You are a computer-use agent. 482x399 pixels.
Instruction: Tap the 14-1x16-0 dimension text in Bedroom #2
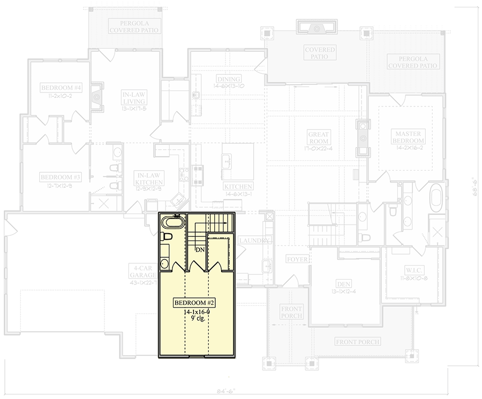(x=195, y=312)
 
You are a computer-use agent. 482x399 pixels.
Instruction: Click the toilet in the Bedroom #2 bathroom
(x=166, y=236)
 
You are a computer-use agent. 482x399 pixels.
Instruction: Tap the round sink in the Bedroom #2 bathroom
(x=165, y=263)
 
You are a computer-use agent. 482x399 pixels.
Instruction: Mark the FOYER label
(x=297, y=259)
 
